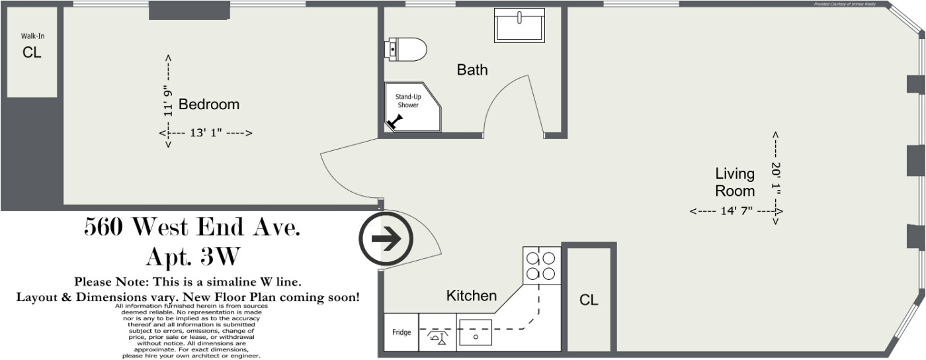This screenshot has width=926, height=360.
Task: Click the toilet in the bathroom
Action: click(406, 49)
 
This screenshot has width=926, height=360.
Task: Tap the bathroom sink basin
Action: click(520, 26)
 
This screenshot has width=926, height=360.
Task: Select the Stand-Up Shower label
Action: click(407, 101)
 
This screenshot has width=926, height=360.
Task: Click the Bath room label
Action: click(472, 69)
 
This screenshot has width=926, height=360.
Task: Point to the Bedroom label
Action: click(209, 105)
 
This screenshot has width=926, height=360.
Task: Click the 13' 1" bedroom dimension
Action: click(206, 133)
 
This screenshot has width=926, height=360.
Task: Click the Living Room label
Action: click(734, 183)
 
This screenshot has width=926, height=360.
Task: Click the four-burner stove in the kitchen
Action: click(542, 265)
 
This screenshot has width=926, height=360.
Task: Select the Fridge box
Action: click(401, 332)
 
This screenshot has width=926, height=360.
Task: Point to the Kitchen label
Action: click(472, 296)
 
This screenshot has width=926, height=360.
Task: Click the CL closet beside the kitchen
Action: click(589, 300)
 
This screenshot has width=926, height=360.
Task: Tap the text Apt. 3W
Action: click(192, 255)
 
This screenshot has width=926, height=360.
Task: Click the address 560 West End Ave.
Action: click(192, 228)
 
